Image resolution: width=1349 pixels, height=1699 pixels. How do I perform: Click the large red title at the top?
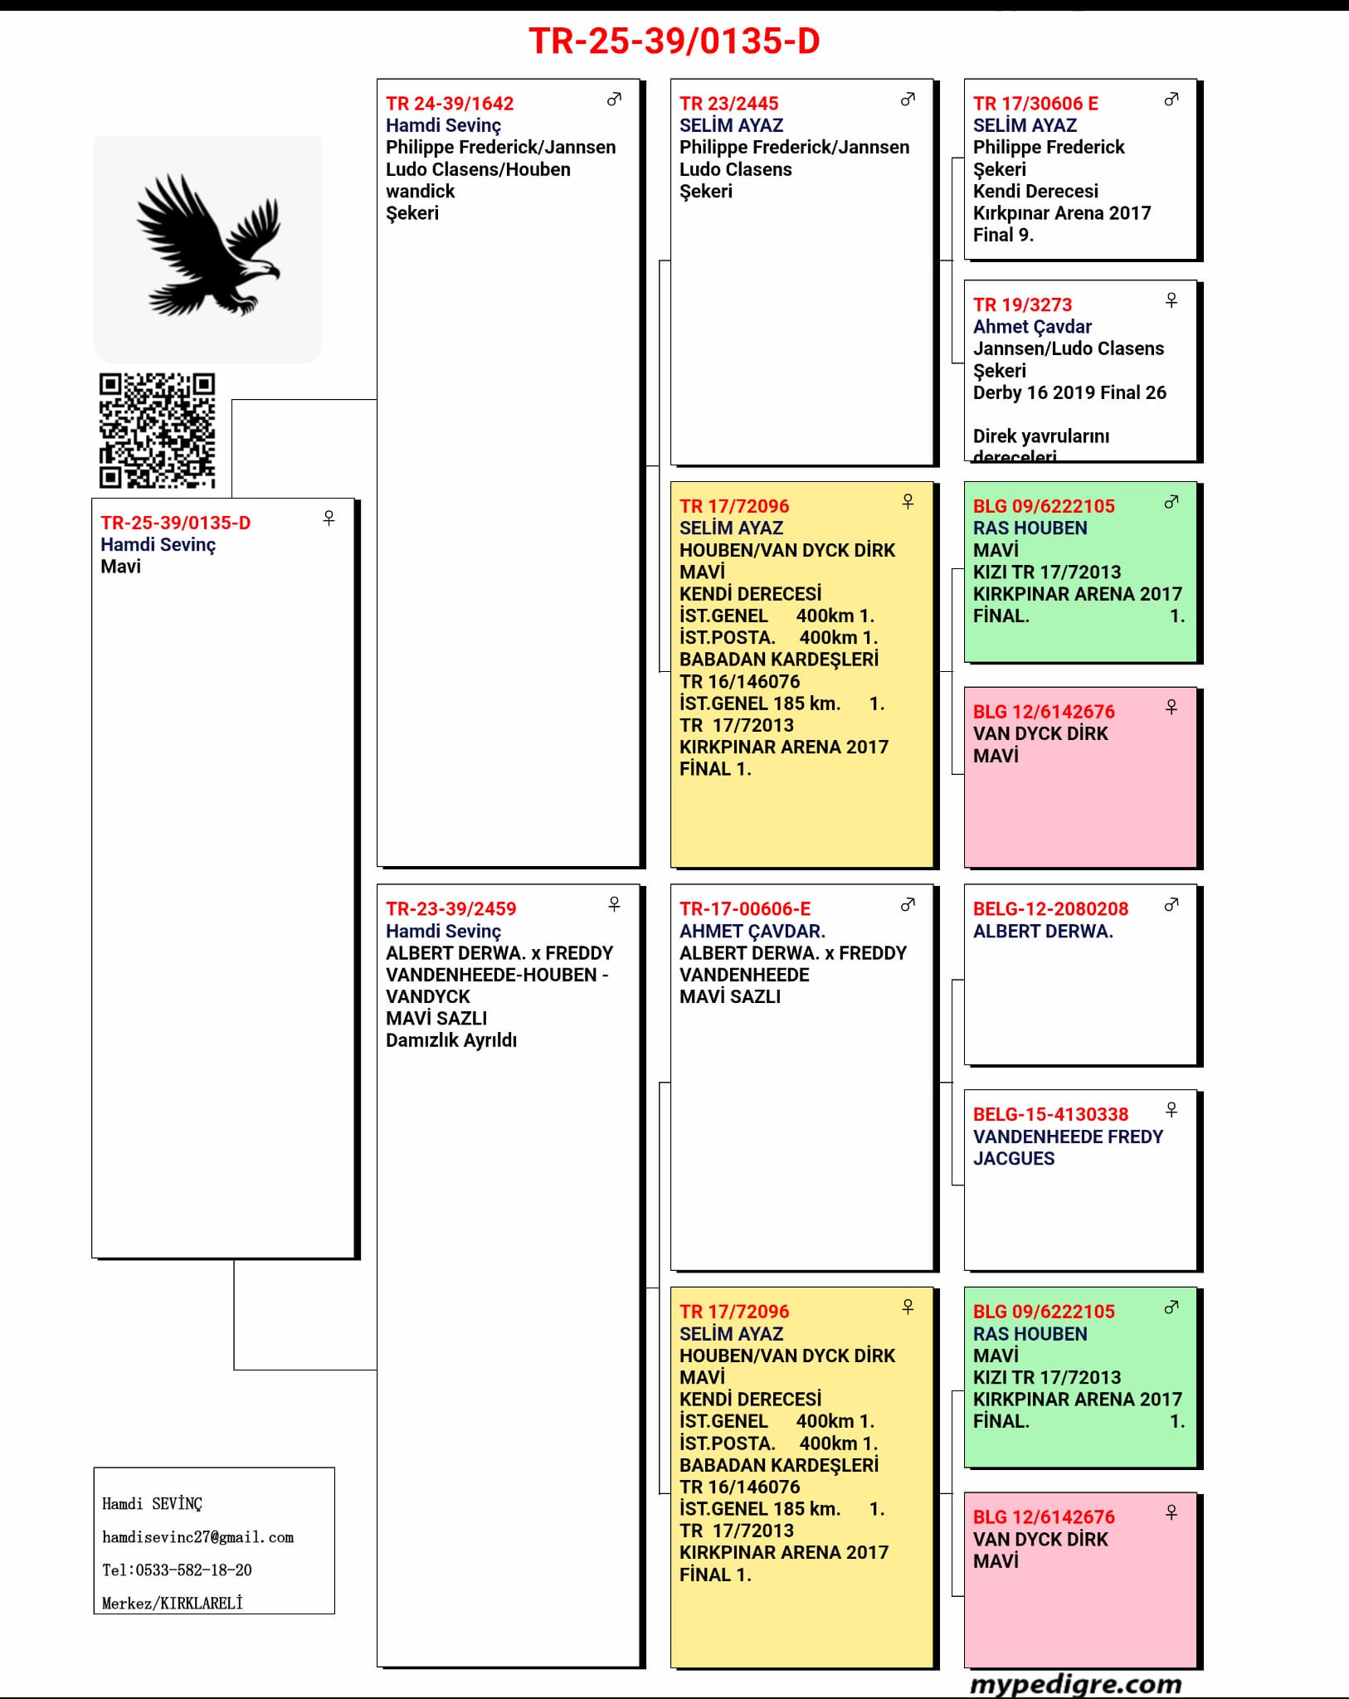coord(674,41)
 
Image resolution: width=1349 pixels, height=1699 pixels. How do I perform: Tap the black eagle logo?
coord(208,246)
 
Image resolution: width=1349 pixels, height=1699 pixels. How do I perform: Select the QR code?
coord(158,430)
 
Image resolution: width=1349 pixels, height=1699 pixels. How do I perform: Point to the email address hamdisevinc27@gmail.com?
coord(197,1537)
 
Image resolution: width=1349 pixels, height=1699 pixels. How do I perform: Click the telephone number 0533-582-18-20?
coord(177,1570)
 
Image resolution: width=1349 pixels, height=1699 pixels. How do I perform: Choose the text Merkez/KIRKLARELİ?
coord(173,1603)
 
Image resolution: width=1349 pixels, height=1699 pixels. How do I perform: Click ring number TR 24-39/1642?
coord(450,104)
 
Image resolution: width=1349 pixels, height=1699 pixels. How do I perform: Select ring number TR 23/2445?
coord(728,104)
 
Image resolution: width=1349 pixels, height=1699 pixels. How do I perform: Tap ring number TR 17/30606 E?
coord(1035,104)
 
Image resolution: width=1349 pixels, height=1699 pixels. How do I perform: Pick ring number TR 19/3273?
coord(1022,304)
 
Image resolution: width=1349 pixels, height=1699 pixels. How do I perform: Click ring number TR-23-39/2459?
coord(450,908)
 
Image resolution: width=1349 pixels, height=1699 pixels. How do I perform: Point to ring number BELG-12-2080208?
coord(1050,908)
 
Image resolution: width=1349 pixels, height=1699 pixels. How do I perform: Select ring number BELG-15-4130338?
coord(1050,1114)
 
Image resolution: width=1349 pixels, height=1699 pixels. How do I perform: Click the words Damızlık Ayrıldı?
coord(450,1040)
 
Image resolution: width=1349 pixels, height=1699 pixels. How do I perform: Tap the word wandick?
coord(420,191)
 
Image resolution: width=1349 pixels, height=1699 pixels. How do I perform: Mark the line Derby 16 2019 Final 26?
coord(1069,392)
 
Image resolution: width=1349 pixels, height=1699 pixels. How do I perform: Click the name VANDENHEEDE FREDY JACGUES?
coord(1068,1147)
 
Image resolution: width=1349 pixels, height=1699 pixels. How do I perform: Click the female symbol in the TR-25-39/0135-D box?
coord(329,518)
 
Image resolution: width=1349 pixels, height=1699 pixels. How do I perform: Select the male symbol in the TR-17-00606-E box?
coord(908,904)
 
